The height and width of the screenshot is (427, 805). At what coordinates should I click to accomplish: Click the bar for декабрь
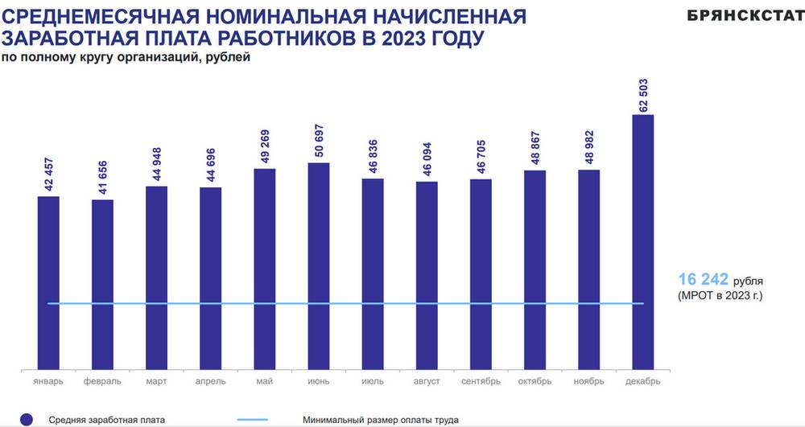point(642,241)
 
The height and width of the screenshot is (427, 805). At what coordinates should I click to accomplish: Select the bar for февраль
point(102,285)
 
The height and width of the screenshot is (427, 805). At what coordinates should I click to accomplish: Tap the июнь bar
point(319,266)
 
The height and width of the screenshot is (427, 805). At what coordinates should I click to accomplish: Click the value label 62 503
point(643,94)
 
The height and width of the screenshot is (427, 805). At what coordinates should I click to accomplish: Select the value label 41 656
point(103,179)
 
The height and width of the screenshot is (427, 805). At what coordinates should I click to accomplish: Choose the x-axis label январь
point(48,381)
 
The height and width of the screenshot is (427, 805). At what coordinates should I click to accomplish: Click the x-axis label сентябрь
point(481,381)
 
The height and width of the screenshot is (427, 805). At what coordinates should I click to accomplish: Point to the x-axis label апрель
point(210,381)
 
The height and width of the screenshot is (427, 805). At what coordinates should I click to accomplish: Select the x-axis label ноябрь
point(588,381)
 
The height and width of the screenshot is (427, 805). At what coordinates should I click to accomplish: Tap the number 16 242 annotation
point(703,279)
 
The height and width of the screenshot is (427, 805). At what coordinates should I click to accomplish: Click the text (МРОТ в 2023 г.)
point(719,297)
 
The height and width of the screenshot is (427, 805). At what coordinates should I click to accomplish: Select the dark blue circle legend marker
point(26,419)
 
